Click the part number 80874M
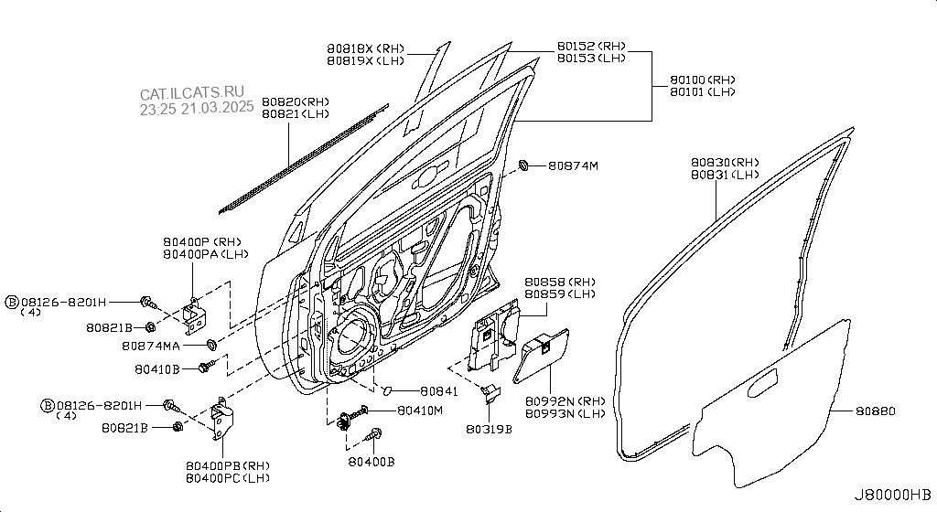point(573,165)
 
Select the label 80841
point(438,391)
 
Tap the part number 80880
point(875,411)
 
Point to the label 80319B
point(489,429)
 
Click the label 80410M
point(420,411)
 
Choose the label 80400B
point(372,462)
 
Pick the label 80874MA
point(151,347)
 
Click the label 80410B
point(157,370)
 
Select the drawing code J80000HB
point(891,495)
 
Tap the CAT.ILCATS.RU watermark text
point(192,93)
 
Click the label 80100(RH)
point(702,80)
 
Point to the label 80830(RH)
point(725,163)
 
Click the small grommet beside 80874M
point(523,165)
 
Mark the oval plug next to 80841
point(386,390)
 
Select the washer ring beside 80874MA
point(211,345)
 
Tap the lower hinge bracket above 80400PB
point(222,418)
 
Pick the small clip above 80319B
point(490,393)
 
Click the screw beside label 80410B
point(207,367)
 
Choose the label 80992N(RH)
point(565,401)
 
